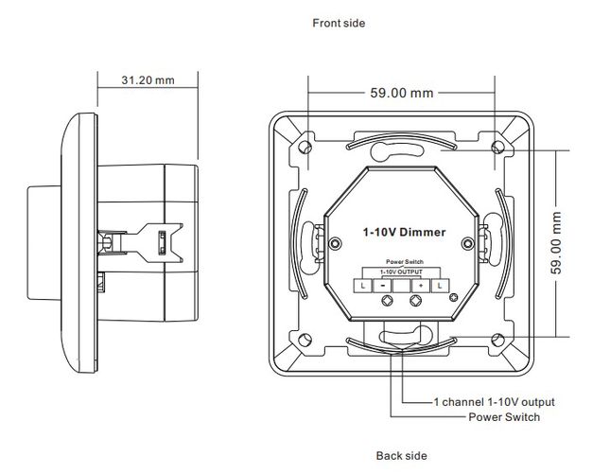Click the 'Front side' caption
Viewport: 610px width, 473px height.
click(x=338, y=23)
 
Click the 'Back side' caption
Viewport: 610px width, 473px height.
click(x=401, y=456)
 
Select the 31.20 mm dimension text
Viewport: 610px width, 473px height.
click(x=149, y=80)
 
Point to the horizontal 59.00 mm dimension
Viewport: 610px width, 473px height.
click(x=400, y=93)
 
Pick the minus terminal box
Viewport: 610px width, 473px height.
click(x=382, y=285)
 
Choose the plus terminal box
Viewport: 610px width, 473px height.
click(x=419, y=285)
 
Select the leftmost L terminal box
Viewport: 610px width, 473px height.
click(x=363, y=285)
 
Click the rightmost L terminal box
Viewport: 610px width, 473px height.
click(x=438, y=285)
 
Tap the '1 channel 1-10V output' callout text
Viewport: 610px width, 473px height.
click(x=489, y=402)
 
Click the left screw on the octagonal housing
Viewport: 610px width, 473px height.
click(x=335, y=242)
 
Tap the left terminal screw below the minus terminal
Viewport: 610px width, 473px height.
click(x=386, y=302)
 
